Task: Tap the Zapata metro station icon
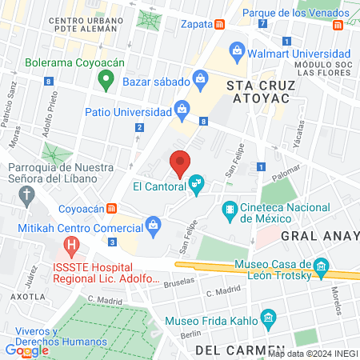219,24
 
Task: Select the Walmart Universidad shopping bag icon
237,53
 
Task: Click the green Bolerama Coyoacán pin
104,78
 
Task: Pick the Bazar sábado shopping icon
200,79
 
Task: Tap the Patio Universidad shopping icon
182,108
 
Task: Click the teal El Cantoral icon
196,186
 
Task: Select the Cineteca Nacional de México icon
230,210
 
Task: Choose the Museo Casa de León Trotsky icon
321,266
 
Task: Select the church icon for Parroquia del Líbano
28,194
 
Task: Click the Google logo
27,350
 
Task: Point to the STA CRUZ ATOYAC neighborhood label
260,93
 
